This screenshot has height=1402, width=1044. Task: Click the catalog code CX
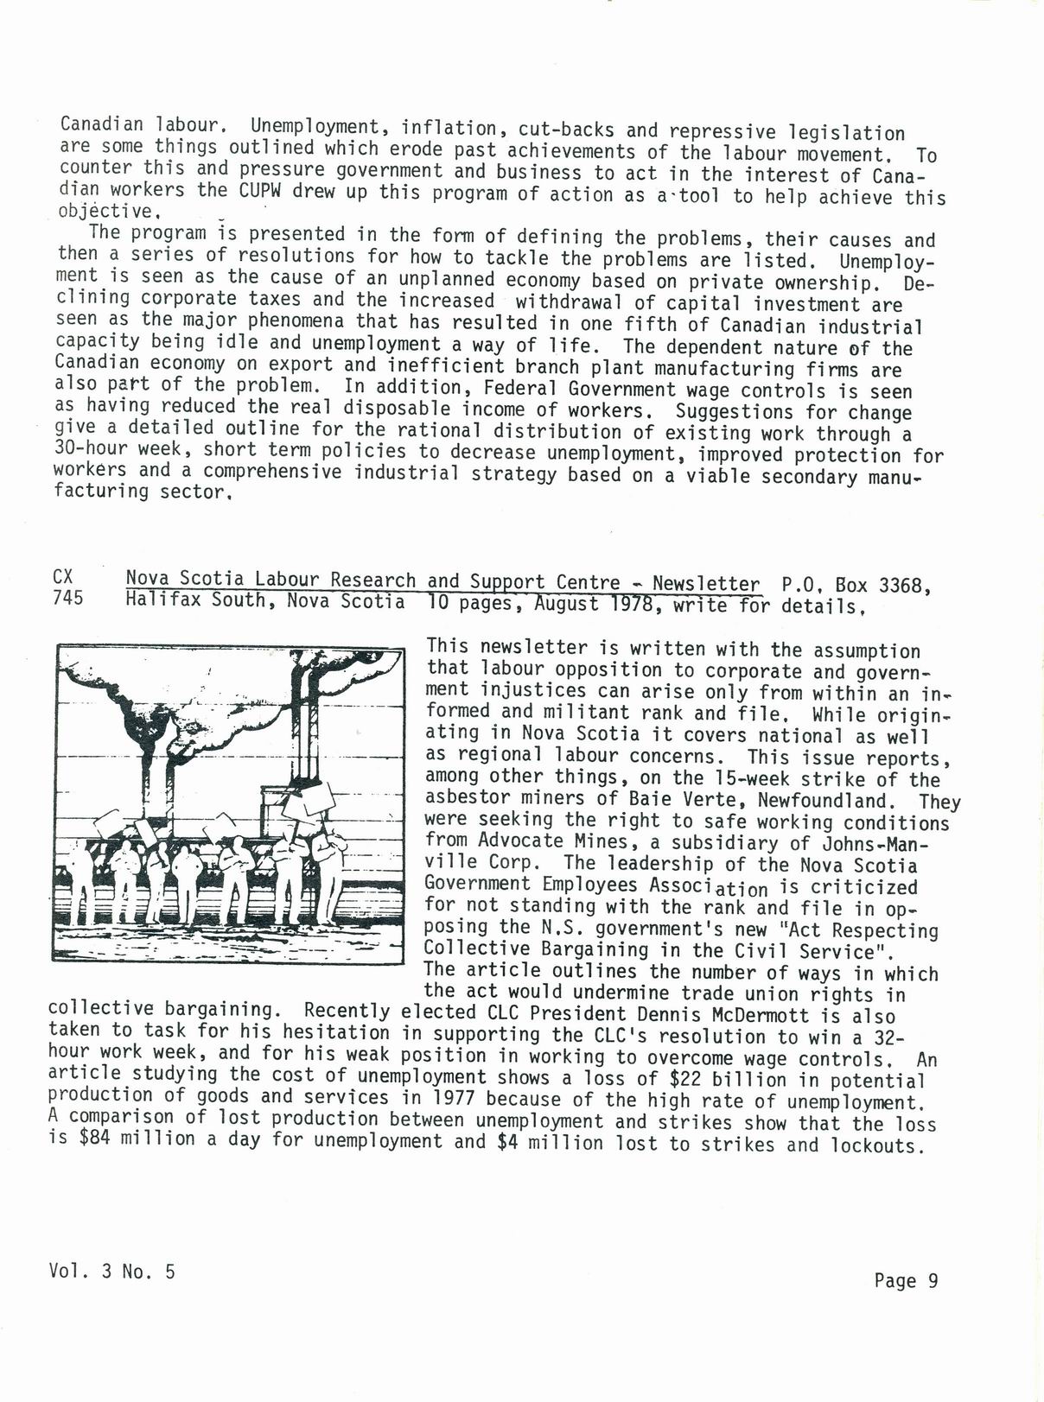point(62,576)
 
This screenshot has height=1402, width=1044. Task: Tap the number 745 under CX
point(67,598)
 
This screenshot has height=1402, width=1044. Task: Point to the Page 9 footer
point(906,1281)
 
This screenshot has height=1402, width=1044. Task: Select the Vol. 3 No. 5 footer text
point(112,1271)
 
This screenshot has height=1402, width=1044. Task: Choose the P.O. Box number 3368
point(904,585)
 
